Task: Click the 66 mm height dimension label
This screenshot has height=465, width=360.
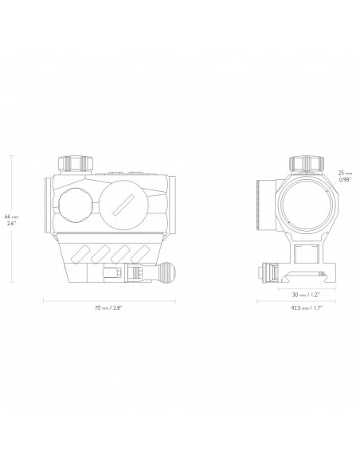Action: pyautogui.click(x=10, y=220)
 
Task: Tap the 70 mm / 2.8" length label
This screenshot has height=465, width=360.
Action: pyautogui.click(x=108, y=308)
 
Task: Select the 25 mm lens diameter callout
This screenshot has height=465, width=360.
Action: pyautogui.click(x=345, y=176)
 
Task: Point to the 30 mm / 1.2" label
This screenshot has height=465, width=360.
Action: pyautogui.click(x=306, y=295)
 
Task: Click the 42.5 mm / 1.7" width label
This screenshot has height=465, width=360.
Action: pyautogui.click(x=307, y=308)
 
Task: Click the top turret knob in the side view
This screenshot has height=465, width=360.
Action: pyautogui.click(x=76, y=163)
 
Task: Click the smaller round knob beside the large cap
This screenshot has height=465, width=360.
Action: pyautogui.click(x=76, y=205)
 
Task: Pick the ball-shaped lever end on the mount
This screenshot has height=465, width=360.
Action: pyautogui.click(x=167, y=271)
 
